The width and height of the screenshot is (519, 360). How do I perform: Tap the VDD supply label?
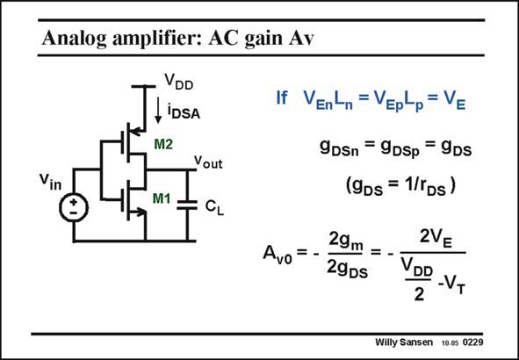pyautogui.click(x=179, y=82)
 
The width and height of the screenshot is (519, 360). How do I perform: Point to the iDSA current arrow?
pyautogui.click(x=158, y=110)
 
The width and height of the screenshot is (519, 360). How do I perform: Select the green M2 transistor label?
pyautogui.click(x=163, y=144)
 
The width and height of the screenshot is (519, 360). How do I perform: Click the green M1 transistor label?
pyautogui.click(x=162, y=198)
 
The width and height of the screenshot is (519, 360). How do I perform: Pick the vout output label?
pyautogui.click(x=208, y=162)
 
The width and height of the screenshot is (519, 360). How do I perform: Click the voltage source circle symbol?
pyautogui.click(x=74, y=207)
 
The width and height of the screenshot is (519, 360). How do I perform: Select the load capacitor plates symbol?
pyautogui.click(x=187, y=205)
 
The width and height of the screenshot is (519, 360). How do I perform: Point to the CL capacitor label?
pyautogui.click(x=214, y=207)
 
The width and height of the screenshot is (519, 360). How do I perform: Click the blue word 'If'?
pyautogui.click(x=282, y=98)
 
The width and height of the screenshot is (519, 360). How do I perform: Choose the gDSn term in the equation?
pyautogui.click(x=339, y=149)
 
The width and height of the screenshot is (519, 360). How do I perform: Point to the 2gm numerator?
pyautogui.click(x=346, y=246)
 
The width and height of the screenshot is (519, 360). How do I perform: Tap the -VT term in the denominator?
pyautogui.click(x=452, y=287)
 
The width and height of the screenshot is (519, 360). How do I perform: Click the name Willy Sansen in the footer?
pyautogui.click(x=404, y=342)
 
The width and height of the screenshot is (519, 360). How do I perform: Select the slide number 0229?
pyautogui.click(x=472, y=342)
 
